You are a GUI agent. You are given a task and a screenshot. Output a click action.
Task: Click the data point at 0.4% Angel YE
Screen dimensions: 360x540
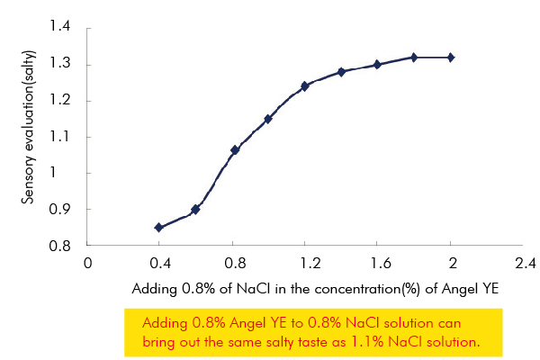click(x=159, y=228)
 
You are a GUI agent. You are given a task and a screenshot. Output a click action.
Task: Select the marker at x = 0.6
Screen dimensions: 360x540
click(x=196, y=209)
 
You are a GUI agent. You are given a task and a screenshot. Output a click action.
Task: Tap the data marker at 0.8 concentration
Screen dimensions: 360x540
click(x=235, y=149)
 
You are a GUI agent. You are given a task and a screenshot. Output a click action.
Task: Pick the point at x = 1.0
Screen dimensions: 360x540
click(x=268, y=119)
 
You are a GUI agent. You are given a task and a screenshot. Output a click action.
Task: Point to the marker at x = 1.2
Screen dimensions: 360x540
click(x=305, y=86)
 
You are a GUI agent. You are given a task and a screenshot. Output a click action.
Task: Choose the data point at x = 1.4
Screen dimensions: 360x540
click(x=342, y=72)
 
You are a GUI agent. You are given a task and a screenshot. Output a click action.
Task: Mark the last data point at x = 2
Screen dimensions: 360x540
click(x=451, y=57)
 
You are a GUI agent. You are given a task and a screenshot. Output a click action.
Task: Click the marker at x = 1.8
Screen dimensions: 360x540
click(x=414, y=57)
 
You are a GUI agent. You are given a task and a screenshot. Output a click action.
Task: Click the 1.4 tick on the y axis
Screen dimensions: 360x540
click(x=60, y=28)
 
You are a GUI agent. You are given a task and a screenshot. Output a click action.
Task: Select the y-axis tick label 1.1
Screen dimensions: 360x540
click(x=60, y=137)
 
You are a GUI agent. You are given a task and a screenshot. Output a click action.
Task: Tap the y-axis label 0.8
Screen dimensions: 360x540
click(x=60, y=246)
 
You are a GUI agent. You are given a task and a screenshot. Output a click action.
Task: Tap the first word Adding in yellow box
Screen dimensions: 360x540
click(x=164, y=322)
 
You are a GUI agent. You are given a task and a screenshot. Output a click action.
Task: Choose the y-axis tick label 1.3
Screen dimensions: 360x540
click(x=60, y=64)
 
